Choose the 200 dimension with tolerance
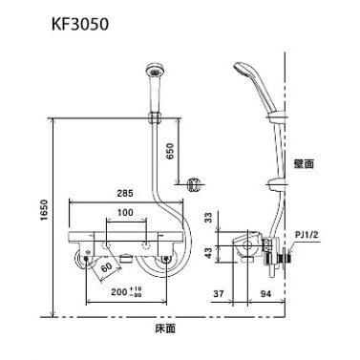point(124,292)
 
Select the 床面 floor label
point(165,329)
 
